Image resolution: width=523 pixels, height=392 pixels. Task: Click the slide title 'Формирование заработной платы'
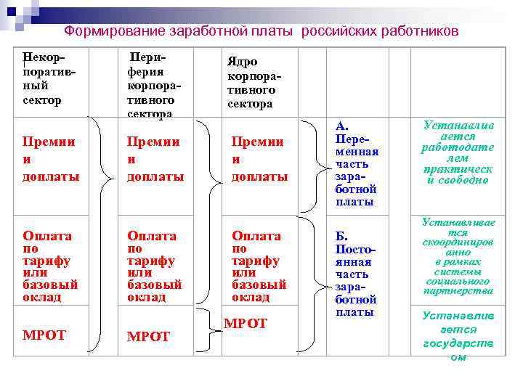[179, 32]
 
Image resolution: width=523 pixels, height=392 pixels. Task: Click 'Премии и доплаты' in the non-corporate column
[51, 159]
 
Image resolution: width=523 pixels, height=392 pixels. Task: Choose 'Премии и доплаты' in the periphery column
[155, 159]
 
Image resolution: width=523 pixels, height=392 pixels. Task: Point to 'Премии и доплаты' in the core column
[259, 159]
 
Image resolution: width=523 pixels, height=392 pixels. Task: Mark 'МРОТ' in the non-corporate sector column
[44, 335]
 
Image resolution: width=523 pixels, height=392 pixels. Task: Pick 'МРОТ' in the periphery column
[148, 337]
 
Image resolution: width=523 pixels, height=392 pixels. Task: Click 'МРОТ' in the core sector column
[246, 323]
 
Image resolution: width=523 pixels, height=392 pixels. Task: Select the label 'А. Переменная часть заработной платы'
[357, 164]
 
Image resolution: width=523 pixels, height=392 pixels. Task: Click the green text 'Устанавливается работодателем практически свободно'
[457, 152]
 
